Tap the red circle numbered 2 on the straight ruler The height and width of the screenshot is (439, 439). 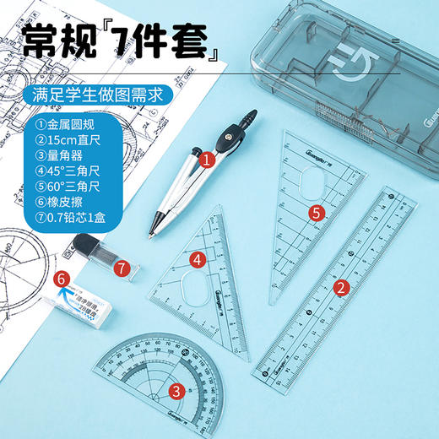pyautogui.click(x=342, y=288)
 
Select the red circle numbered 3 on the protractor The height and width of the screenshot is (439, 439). pyautogui.click(x=176, y=390)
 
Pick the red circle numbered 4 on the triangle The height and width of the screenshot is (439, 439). pyautogui.click(x=196, y=260)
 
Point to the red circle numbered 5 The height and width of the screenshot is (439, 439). pyautogui.click(x=316, y=214)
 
